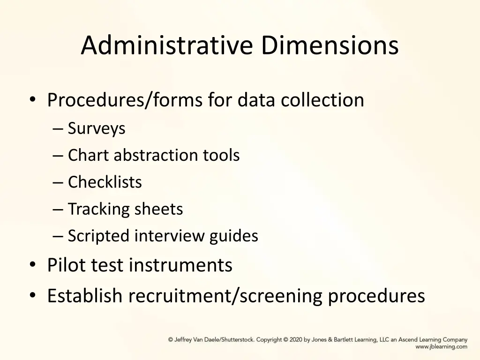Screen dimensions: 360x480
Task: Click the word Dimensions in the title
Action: click(x=330, y=45)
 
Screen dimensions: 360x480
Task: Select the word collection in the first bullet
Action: click(x=322, y=100)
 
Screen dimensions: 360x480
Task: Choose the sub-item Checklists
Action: click(x=105, y=182)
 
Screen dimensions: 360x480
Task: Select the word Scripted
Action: click(x=99, y=236)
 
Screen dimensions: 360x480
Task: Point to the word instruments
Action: click(x=180, y=265)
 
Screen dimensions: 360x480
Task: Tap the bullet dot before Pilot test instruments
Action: click(x=32, y=266)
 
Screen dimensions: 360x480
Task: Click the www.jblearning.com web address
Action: click(x=441, y=347)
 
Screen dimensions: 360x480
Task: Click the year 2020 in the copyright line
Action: click(x=296, y=340)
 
